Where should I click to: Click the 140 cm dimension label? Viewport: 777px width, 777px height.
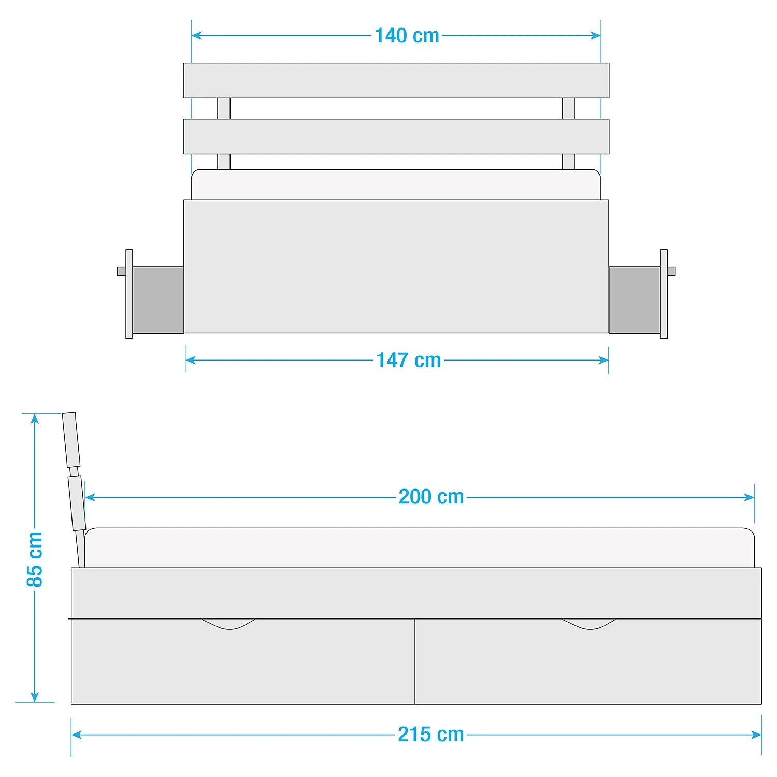[x=407, y=36]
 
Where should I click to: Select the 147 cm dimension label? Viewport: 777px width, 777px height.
[x=409, y=361]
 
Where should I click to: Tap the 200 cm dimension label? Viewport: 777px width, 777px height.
[x=431, y=497]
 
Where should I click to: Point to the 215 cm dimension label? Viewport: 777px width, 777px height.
[x=431, y=735]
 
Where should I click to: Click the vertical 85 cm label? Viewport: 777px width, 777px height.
[x=35, y=559]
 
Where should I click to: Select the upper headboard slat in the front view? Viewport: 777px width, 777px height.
[x=396, y=81]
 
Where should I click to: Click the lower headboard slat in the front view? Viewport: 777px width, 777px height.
[x=396, y=137]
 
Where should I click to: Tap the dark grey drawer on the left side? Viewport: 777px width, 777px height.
[x=158, y=299]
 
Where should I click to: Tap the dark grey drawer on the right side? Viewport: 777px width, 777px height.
[x=635, y=299]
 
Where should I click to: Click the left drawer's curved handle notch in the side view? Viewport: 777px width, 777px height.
[x=228, y=624]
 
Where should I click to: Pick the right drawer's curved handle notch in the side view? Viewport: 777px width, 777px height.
[x=589, y=624]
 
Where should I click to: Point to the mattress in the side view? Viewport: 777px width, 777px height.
[x=420, y=548]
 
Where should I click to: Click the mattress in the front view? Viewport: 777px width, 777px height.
[x=396, y=185]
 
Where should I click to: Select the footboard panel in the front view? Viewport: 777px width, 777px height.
[x=396, y=266]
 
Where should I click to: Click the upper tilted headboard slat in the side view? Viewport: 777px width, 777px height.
[x=71, y=440]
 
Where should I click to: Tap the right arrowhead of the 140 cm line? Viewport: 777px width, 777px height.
[x=596, y=36]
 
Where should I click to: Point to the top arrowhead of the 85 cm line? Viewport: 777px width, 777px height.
[x=35, y=418]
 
